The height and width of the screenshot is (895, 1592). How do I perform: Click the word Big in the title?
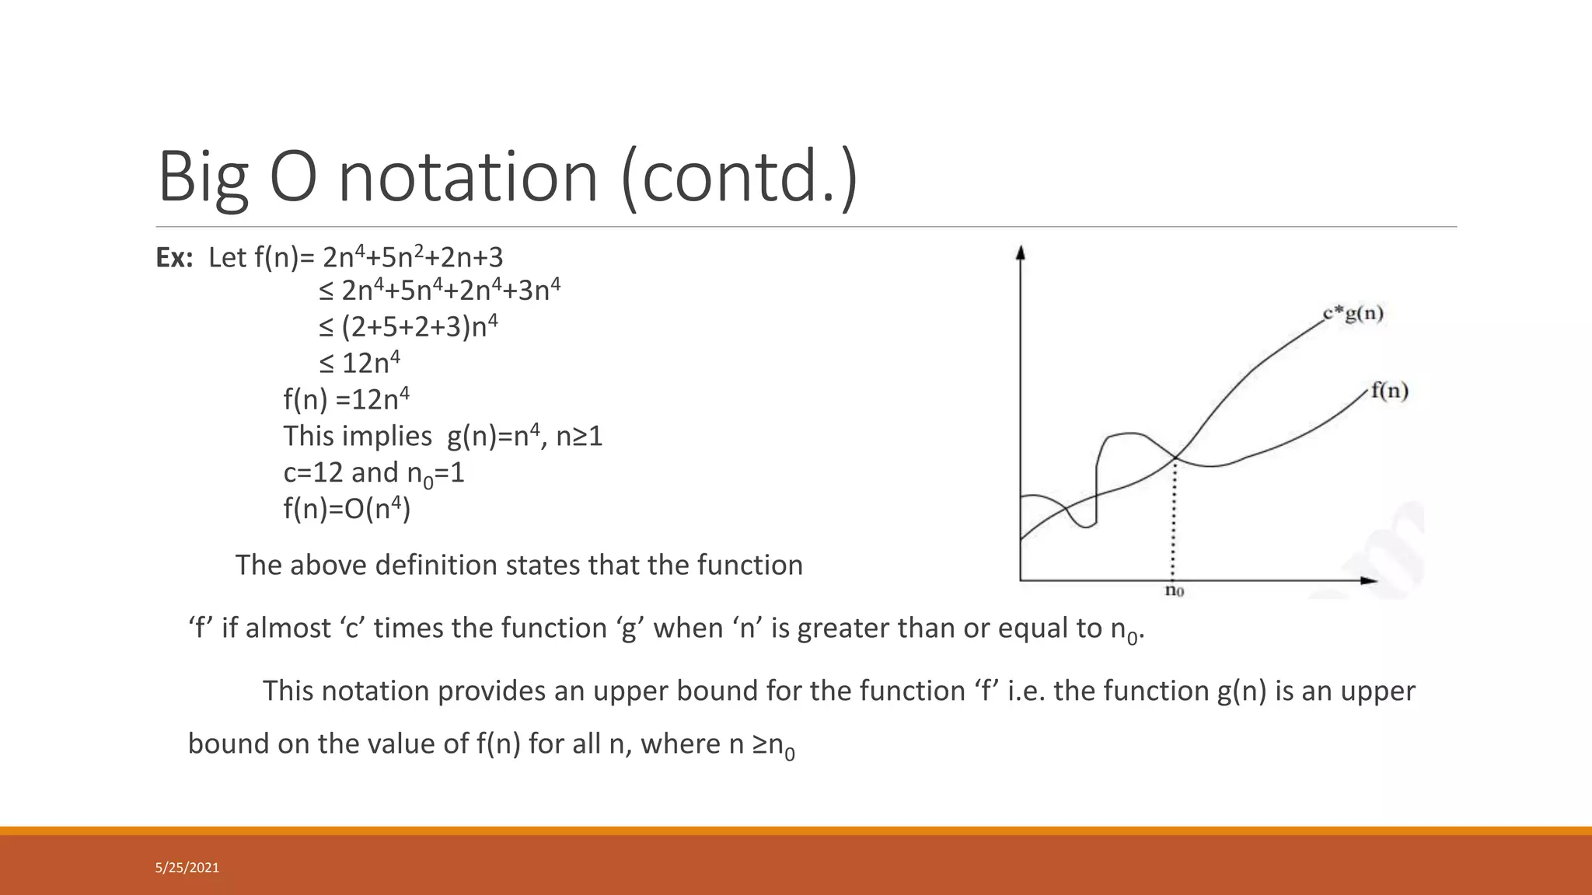(203, 177)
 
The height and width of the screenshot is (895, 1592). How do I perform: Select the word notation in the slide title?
(468, 177)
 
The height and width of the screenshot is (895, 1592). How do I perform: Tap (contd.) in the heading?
(739, 177)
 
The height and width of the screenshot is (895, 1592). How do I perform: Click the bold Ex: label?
(174, 258)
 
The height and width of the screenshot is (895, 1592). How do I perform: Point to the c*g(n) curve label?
(1353, 314)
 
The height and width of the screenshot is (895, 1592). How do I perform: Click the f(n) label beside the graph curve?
(1389, 390)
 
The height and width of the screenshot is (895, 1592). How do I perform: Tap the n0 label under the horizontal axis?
(1174, 591)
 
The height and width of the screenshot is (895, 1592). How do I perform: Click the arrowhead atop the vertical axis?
(1021, 252)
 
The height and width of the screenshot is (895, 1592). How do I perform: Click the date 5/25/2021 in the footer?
(187, 868)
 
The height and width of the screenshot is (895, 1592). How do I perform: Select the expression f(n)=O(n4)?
(347, 509)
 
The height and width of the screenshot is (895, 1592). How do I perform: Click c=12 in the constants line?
(312, 472)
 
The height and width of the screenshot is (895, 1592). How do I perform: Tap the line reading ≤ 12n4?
(359, 363)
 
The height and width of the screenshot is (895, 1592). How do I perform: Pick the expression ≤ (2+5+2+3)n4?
(408, 326)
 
